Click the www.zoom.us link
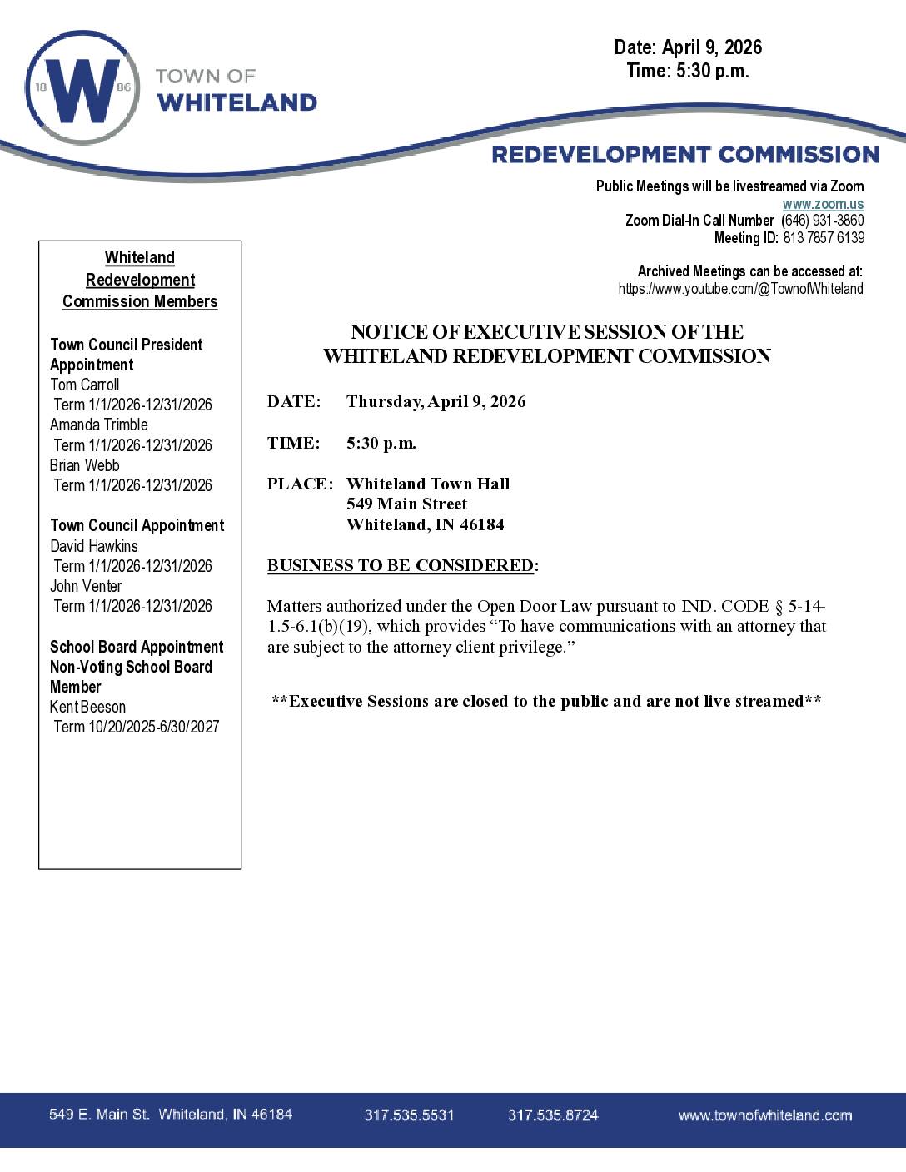[822, 204]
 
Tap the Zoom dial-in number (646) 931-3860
[823, 221]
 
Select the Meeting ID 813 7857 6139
[823, 238]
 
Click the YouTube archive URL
[740, 289]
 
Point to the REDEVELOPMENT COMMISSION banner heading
[685, 155]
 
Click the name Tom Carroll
[84, 385]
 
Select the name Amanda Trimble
[98, 425]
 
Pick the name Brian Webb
[84, 465]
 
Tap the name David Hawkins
[94, 546]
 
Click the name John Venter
[86, 586]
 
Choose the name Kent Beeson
[87, 707]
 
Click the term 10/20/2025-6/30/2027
[153, 727]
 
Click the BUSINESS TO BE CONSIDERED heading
[401, 565]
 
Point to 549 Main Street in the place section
[406, 504]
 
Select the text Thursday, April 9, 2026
[436, 401]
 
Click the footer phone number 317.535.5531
[409, 1115]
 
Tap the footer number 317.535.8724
[553, 1115]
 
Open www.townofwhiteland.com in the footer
[764, 1115]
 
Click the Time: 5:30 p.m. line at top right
[688, 71]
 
